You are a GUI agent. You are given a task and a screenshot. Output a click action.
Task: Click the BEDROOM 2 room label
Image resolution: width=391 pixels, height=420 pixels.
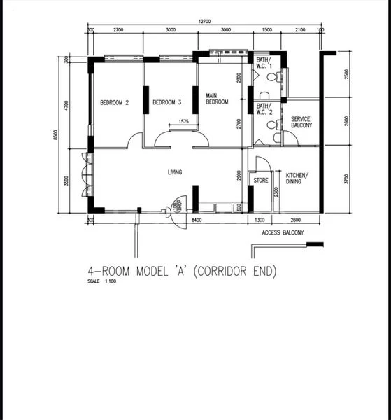115,102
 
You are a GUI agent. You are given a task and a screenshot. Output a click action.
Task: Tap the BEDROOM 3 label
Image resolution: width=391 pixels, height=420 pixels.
167,102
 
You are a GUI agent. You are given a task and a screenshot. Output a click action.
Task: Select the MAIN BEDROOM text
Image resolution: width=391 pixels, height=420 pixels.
217,98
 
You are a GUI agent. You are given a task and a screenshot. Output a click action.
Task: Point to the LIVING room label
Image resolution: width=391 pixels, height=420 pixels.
174,171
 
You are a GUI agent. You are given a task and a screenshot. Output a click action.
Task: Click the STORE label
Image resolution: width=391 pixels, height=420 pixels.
260,180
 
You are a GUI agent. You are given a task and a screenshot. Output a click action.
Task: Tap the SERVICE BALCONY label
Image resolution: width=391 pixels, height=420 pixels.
301,122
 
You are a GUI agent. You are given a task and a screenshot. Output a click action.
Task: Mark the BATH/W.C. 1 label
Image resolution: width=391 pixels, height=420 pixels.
264,64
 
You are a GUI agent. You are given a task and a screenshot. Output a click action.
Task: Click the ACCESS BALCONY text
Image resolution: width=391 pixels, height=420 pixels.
283,232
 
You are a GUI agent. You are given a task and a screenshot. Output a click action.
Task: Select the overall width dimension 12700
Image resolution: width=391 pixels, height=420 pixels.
204,22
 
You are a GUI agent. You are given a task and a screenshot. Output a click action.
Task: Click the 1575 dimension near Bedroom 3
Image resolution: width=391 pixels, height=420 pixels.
183,122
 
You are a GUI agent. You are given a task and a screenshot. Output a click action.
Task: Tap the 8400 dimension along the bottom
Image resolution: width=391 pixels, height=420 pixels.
198,220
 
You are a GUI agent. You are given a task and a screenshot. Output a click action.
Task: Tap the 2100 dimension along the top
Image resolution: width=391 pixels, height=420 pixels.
299,31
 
